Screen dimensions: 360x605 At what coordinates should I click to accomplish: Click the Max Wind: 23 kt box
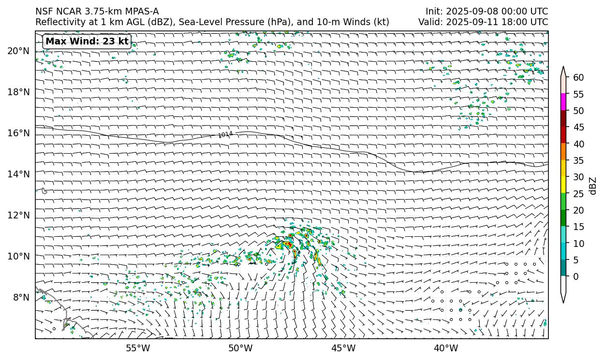point(87,42)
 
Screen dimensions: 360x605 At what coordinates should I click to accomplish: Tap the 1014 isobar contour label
point(225,135)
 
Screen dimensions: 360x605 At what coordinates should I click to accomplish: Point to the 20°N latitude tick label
point(18,51)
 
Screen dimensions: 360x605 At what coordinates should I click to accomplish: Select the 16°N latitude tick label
point(18,133)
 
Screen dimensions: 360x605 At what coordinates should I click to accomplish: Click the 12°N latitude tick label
point(18,216)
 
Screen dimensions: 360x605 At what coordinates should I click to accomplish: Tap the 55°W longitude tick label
point(137,348)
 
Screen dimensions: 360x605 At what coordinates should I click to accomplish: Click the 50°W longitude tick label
point(240,348)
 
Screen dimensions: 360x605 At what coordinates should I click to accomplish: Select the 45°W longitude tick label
point(343,348)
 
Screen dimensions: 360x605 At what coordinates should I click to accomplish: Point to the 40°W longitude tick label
point(446,348)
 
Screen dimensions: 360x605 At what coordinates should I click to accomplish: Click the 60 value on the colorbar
point(578,78)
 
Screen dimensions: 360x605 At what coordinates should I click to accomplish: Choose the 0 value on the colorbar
point(576,277)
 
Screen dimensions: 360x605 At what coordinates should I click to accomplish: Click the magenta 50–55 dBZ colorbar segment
point(563,102)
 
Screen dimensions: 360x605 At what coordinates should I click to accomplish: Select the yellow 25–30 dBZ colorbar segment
point(563,185)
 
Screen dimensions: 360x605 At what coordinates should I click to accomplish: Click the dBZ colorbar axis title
point(593,186)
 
